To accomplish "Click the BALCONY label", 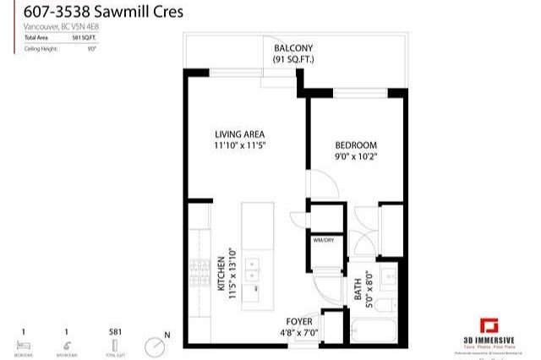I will point(292,49).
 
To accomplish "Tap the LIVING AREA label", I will point(239,134).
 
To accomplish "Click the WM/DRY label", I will point(324,240).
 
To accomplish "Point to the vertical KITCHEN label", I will point(222,272).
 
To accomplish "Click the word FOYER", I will point(299,322).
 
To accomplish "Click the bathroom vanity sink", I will point(388,275).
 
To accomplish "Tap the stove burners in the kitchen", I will point(200,272).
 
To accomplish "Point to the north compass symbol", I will point(155,346).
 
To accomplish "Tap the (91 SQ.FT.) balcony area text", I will point(292,61).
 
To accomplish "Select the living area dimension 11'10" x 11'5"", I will point(239,145).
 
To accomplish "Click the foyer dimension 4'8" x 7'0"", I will point(299,333).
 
